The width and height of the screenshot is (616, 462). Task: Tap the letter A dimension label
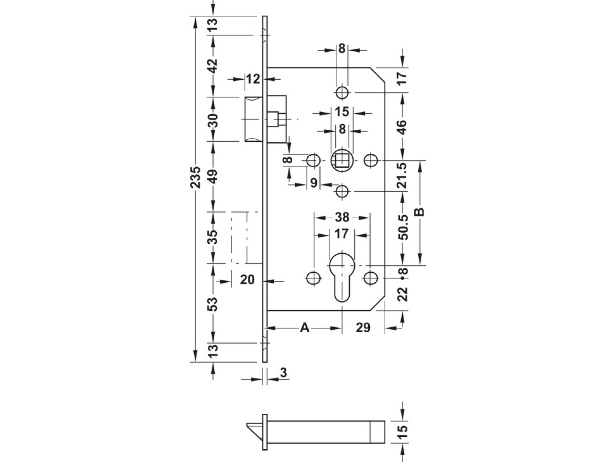click(x=304, y=328)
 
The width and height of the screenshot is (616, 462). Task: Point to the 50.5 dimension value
click(x=404, y=228)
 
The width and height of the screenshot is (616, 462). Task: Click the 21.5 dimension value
click(x=403, y=176)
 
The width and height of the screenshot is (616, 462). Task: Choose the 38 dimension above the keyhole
click(x=342, y=217)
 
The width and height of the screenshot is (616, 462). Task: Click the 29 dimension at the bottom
click(x=363, y=328)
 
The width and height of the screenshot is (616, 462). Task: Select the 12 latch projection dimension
click(x=253, y=79)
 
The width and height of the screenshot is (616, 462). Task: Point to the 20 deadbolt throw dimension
click(x=247, y=280)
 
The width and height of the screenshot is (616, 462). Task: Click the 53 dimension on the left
click(x=213, y=304)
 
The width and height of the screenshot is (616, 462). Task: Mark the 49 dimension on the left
click(x=213, y=177)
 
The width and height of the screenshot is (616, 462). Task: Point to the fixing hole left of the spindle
click(x=313, y=160)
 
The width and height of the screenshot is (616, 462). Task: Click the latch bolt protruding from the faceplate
click(x=254, y=119)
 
